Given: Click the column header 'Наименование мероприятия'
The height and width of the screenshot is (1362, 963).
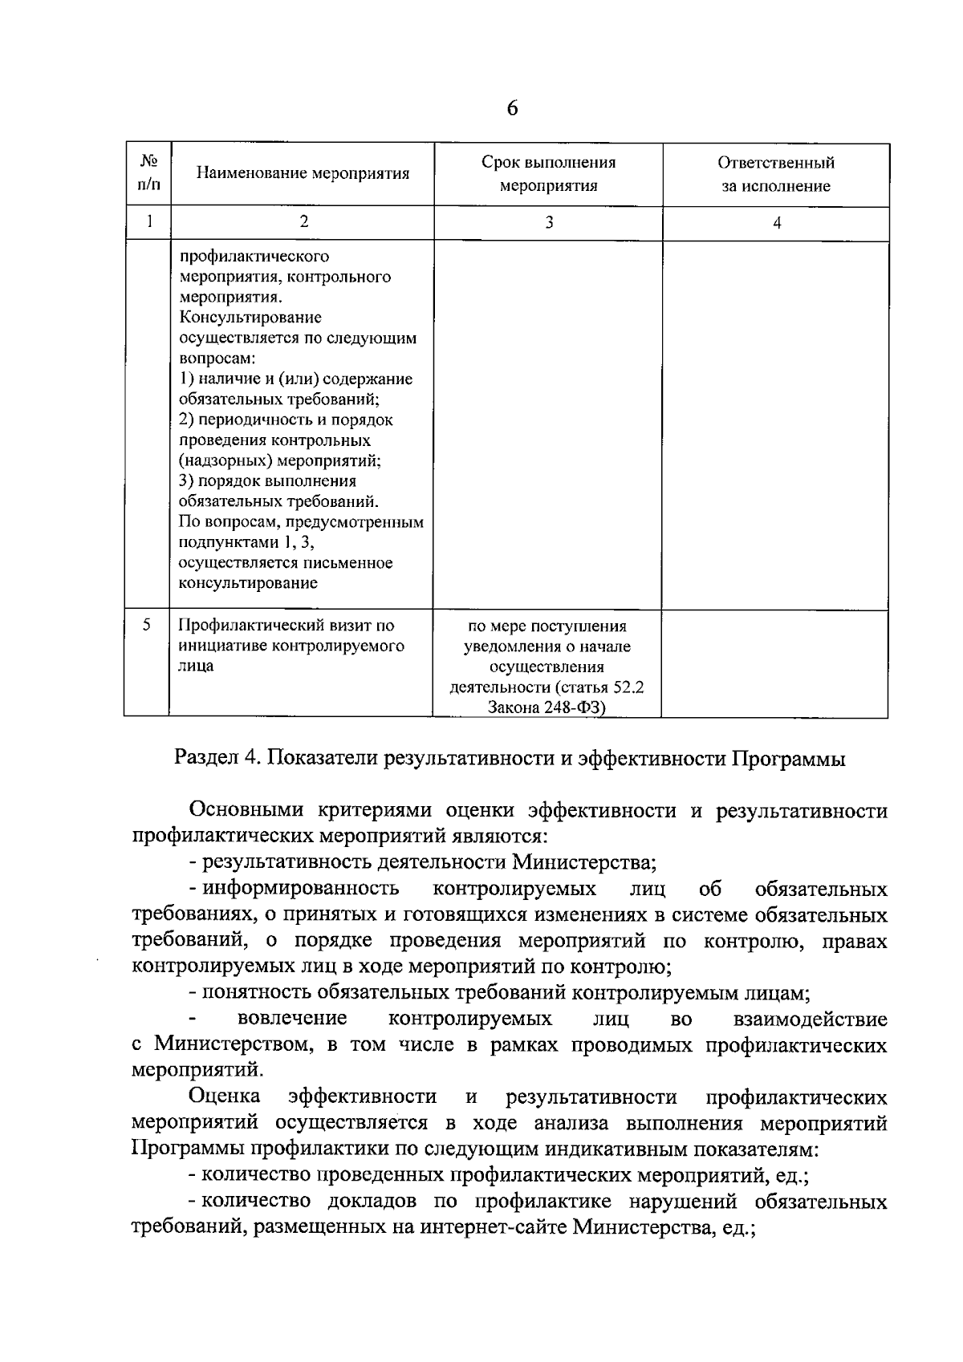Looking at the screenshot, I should tap(303, 174).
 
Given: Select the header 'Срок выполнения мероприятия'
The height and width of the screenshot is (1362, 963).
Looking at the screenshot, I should tap(548, 174).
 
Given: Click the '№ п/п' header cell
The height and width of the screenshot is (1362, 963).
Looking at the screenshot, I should tap(148, 172).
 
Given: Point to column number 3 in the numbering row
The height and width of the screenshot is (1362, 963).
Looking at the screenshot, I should tap(549, 224).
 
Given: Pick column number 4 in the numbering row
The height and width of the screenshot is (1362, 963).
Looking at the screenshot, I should tap(776, 224).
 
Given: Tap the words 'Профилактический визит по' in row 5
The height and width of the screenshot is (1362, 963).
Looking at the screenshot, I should tap(286, 625).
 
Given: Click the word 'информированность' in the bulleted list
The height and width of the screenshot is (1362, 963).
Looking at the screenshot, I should tap(301, 889).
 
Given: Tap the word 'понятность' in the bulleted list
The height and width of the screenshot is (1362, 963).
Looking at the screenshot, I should tap(255, 993).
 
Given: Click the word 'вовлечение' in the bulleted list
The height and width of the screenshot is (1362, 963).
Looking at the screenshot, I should tap(293, 1019).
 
